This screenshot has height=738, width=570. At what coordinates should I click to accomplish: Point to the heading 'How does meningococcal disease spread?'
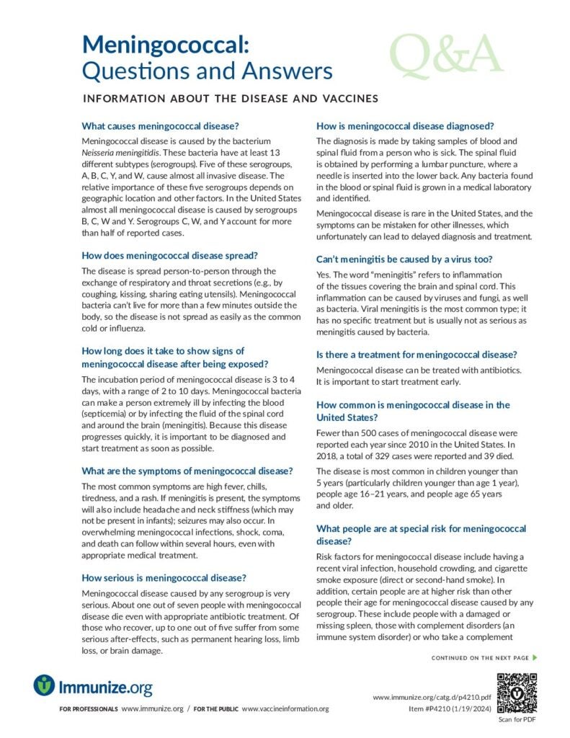pyautogui.click(x=170, y=255)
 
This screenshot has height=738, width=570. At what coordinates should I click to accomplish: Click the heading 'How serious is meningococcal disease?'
pyautogui.click(x=165, y=577)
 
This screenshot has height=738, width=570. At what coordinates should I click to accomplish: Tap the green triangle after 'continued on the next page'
pyautogui.click(x=535, y=657)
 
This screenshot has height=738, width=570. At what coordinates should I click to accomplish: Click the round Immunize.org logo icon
pyautogui.click(x=45, y=685)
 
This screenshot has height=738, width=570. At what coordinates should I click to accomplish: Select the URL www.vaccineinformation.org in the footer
pyautogui.click(x=285, y=709)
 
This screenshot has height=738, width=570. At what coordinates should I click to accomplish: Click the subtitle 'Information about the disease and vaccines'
pyautogui.click(x=231, y=98)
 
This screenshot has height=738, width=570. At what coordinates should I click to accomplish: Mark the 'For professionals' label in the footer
pyautogui.click(x=89, y=709)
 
